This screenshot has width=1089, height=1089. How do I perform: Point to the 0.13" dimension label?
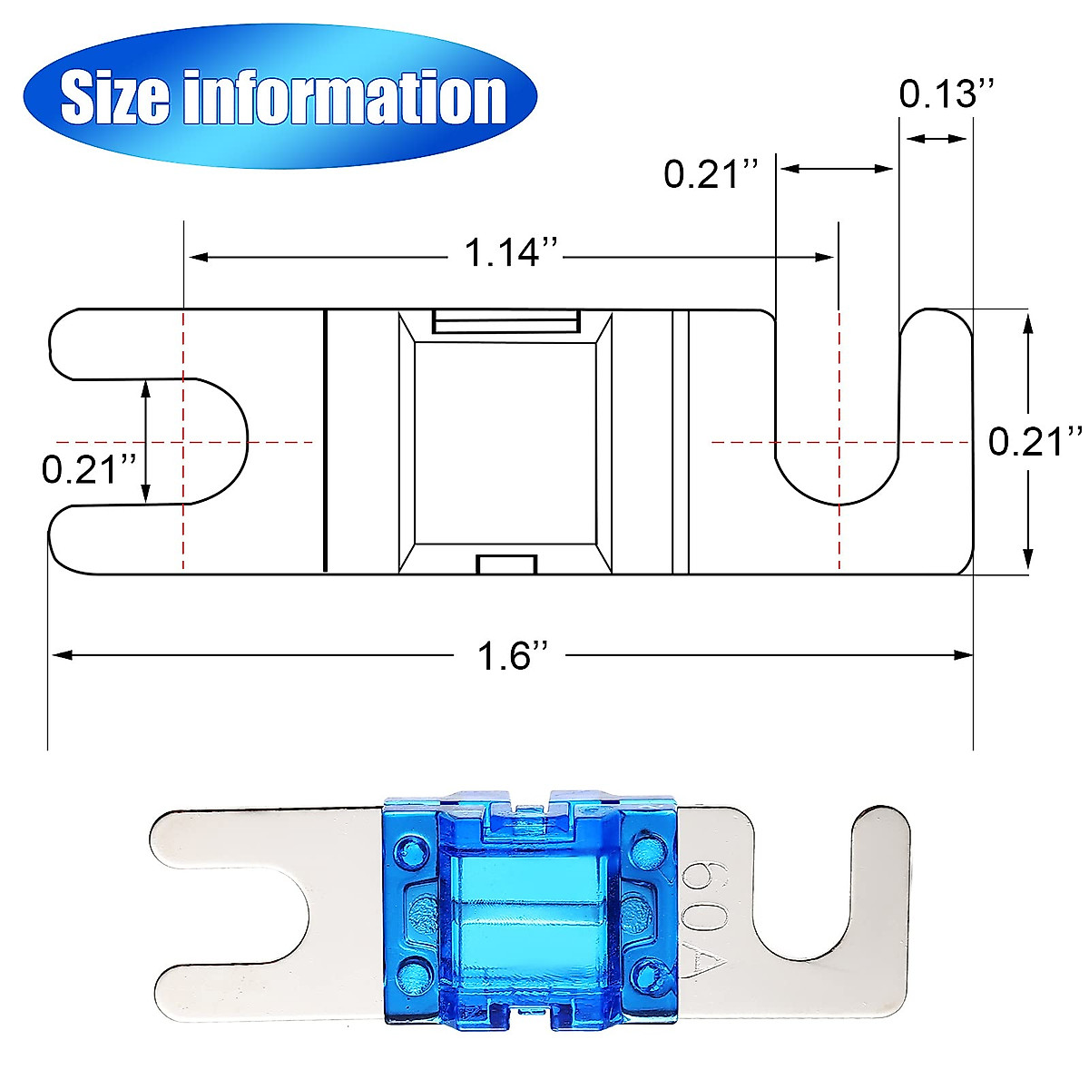[947, 93]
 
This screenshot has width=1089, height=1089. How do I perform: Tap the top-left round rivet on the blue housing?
[415, 851]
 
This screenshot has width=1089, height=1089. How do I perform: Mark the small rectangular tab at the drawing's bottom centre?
[507, 564]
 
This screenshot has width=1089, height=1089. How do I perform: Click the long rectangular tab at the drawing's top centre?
[505, 321]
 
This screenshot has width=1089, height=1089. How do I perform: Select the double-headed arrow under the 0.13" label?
[937, 139]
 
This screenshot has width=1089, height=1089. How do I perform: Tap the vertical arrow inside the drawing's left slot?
[146, 442]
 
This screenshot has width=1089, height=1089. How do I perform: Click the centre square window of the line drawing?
[505, 443]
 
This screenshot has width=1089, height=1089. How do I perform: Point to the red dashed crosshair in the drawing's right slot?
[839, 442]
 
